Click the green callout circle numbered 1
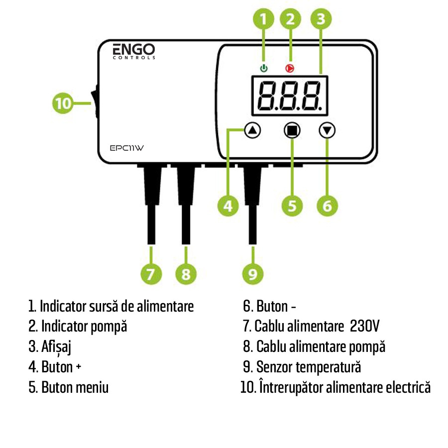264,19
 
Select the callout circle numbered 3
321,19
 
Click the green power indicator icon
264,68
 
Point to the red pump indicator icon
289,68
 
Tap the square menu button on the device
292,130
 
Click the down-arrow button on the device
327,130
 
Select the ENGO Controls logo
133,51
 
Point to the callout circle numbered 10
63,104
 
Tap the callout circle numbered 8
186,274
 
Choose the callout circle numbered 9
253,274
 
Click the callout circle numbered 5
292,206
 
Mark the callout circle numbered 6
327,206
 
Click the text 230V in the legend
365,327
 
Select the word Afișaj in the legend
56,347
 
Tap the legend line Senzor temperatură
308,367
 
